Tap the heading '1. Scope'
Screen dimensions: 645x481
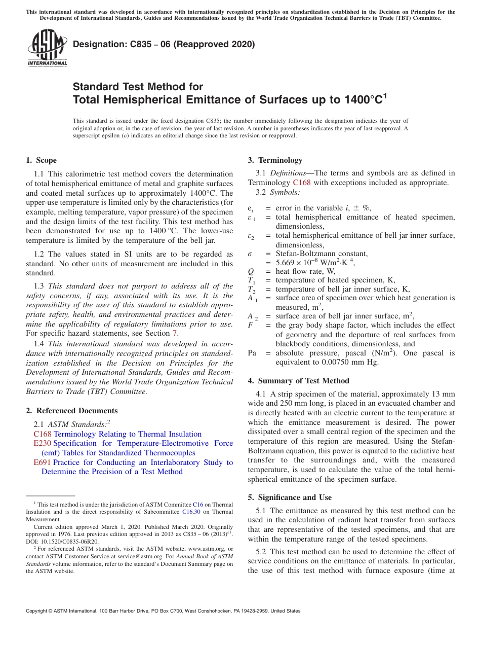(x=41, y=160)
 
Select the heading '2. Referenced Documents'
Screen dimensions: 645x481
(x=71, y=411)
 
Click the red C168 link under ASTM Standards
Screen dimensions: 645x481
(x=42, y=434)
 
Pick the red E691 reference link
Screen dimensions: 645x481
(x=42, y=462)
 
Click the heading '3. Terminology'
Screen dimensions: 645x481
(x=275, y=160)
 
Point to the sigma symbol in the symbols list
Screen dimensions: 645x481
(x=250, y=254)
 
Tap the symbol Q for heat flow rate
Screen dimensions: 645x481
(x=250, y=271)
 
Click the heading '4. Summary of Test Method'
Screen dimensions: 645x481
(x=298, y=381)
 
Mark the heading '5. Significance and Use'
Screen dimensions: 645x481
(x=290, y=497)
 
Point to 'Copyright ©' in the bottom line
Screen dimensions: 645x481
(x=39, y=611)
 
